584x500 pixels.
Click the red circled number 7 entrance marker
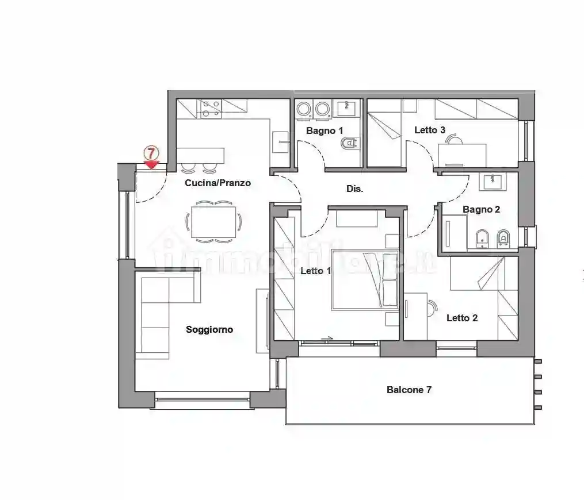pos(151,153)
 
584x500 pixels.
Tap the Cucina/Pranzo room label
pos(217,183)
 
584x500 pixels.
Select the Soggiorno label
pos(209,330)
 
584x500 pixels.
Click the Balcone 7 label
pos(409,390)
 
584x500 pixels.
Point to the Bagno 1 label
pos(325,131)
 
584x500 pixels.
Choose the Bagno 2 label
pos(481,210)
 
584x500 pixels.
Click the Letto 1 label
pos(315,271)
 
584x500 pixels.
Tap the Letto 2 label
pos(462,318)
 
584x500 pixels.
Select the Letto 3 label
pos(430,130)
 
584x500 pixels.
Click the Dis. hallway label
pos(354,189)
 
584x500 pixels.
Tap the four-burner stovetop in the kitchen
pos(209,108)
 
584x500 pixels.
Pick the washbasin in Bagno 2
pos(493,182)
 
